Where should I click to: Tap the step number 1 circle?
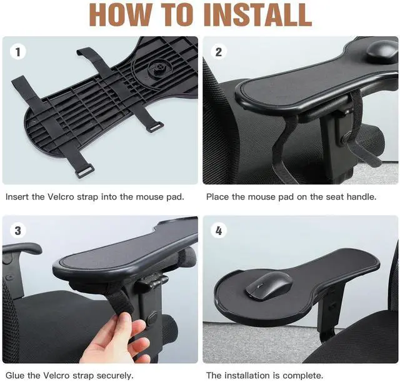pos(18,52)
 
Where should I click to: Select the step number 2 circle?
pos(219,52)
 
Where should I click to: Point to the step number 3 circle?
pos(18,231)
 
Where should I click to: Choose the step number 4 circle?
pos(219,231)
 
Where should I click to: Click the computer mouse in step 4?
pos(269,286)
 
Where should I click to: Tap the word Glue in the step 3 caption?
pos(15,376)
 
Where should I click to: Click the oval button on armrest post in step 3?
pos(152,318)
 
